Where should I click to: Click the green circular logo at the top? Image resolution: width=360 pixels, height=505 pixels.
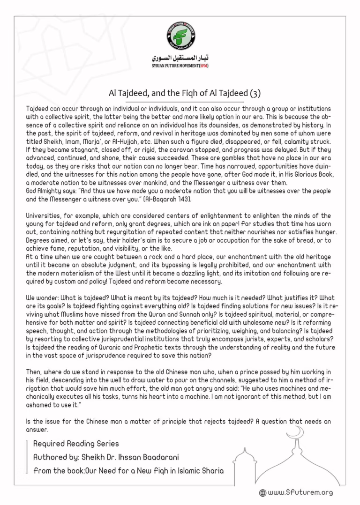click(181, 36)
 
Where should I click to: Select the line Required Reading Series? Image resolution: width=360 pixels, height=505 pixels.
click(76, 444)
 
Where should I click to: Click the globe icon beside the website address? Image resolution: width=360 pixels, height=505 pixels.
click(262, 493)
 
